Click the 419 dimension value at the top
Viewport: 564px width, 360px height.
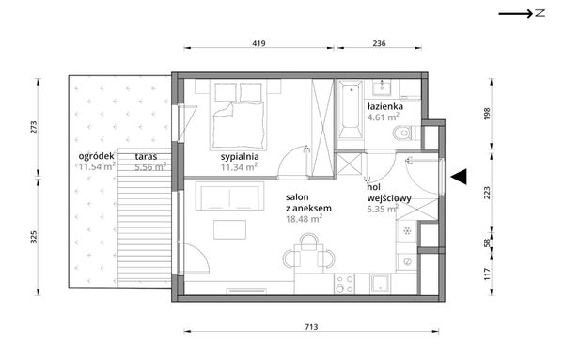tap(258, 43)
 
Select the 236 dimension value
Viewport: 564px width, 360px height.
tap(379, 43)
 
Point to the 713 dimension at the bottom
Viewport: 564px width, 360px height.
tap(311, 327)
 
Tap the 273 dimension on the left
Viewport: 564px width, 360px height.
tap(34, 127)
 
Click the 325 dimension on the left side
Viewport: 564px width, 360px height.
tap(34, 237)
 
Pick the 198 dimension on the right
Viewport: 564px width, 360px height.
tap(487, 114)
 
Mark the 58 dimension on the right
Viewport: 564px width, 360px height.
tap(487, 243)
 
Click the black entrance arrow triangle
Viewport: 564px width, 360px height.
tap(459, 177)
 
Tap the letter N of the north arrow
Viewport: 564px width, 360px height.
tap(540, 14)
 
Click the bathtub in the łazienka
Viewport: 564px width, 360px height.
tap(351, 110)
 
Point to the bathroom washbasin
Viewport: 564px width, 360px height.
tap(381, 87)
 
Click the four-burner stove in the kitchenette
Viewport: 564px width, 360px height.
tap(344, 284)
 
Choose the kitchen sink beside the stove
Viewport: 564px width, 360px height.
tap(380, 284)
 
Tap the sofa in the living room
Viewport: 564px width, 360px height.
tap(229, 196)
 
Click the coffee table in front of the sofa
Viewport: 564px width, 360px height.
tap(230, 229)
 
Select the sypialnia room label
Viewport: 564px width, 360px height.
tap(240, 157)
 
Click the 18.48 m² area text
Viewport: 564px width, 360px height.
tap(304, 219)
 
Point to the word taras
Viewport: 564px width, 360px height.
tap(146, 156)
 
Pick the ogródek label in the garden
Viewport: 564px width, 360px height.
tap(97, 156)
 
